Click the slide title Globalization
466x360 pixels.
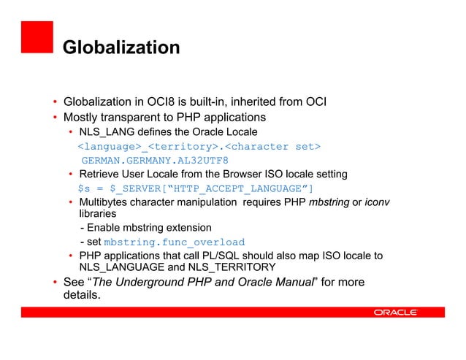pos(121,48)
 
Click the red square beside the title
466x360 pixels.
pos(37,38)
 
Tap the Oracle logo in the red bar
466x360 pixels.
pos(395,312)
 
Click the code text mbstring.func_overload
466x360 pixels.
pos(174,242)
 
